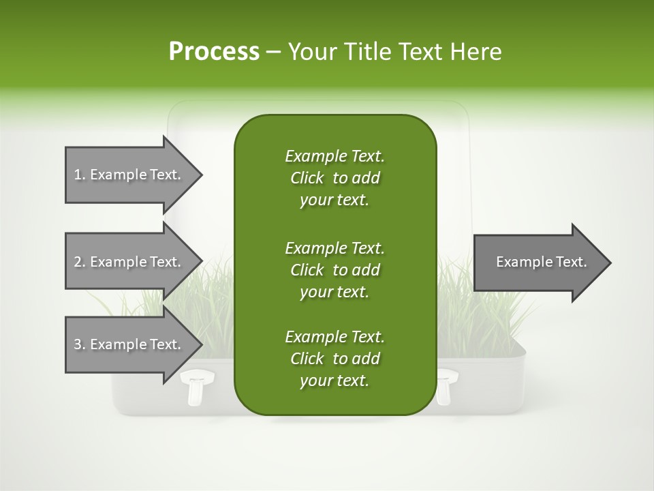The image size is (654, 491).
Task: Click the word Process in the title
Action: (x=214, y=52)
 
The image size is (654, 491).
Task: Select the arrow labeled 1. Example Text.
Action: (x=129, y=175)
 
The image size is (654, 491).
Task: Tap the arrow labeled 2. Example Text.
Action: (x=129, y=262)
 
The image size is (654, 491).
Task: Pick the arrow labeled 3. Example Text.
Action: (x=129, y=344)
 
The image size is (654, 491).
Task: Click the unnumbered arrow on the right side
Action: (x=538, y=263)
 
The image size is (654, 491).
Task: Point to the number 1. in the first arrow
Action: (x=80, y=175)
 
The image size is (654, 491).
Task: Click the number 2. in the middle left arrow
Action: (x=80, y=262)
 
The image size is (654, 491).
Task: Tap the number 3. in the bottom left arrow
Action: (x=80, y=344)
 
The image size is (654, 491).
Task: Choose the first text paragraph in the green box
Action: (x=334, y=178)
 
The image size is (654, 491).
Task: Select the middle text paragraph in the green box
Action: (x=334, y=269)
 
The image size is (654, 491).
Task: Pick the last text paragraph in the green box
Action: (x=334, y=359)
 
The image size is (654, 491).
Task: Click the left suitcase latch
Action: (x=196, y=386)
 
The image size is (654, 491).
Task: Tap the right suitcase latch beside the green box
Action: (x=446, y=386)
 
